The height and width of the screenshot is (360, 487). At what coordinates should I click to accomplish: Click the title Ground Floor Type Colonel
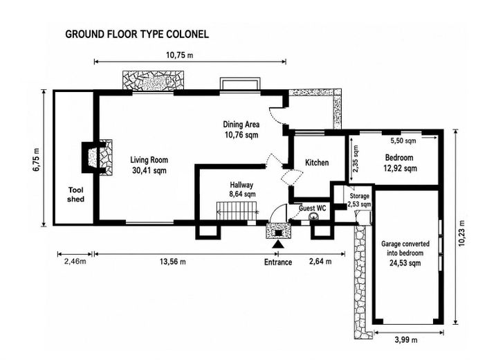[137, 34]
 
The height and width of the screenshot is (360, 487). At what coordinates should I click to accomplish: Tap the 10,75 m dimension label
[180, 55]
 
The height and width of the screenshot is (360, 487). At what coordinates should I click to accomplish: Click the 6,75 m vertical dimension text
[37, 159]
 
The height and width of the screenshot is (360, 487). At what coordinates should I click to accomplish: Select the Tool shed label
[76, 195]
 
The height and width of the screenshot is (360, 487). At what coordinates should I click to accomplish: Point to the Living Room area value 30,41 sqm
[149, 171]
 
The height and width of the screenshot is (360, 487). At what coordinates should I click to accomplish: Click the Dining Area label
[241, 125]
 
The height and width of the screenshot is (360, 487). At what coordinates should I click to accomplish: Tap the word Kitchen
[317, 163]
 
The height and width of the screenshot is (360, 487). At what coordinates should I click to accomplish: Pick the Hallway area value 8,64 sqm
[243, 195]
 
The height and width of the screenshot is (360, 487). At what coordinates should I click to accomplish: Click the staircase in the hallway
[237, 210]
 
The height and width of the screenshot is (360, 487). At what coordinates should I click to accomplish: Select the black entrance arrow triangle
[278, 244]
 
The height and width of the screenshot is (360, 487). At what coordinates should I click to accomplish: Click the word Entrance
[278, 262]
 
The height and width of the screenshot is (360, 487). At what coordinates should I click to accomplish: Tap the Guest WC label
[313, 208]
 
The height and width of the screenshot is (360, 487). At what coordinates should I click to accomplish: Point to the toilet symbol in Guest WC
[313, 217]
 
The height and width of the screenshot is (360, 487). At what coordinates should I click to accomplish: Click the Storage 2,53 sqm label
[359, 200]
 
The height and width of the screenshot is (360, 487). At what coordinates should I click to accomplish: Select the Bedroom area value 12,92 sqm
[400, 168]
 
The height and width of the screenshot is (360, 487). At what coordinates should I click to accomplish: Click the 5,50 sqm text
[403, 141]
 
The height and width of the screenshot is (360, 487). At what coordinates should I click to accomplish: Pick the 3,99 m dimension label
[406, 340]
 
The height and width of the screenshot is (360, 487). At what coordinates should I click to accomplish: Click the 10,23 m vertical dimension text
[462, 233]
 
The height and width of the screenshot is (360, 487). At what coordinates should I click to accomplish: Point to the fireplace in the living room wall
[97, 158]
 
